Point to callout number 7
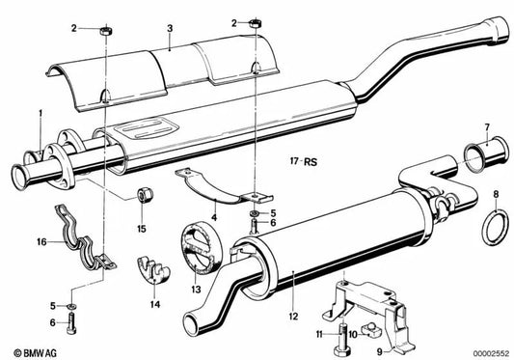tap(487, 126)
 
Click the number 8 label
tap(497, 196)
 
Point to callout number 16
tap(41, 242)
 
